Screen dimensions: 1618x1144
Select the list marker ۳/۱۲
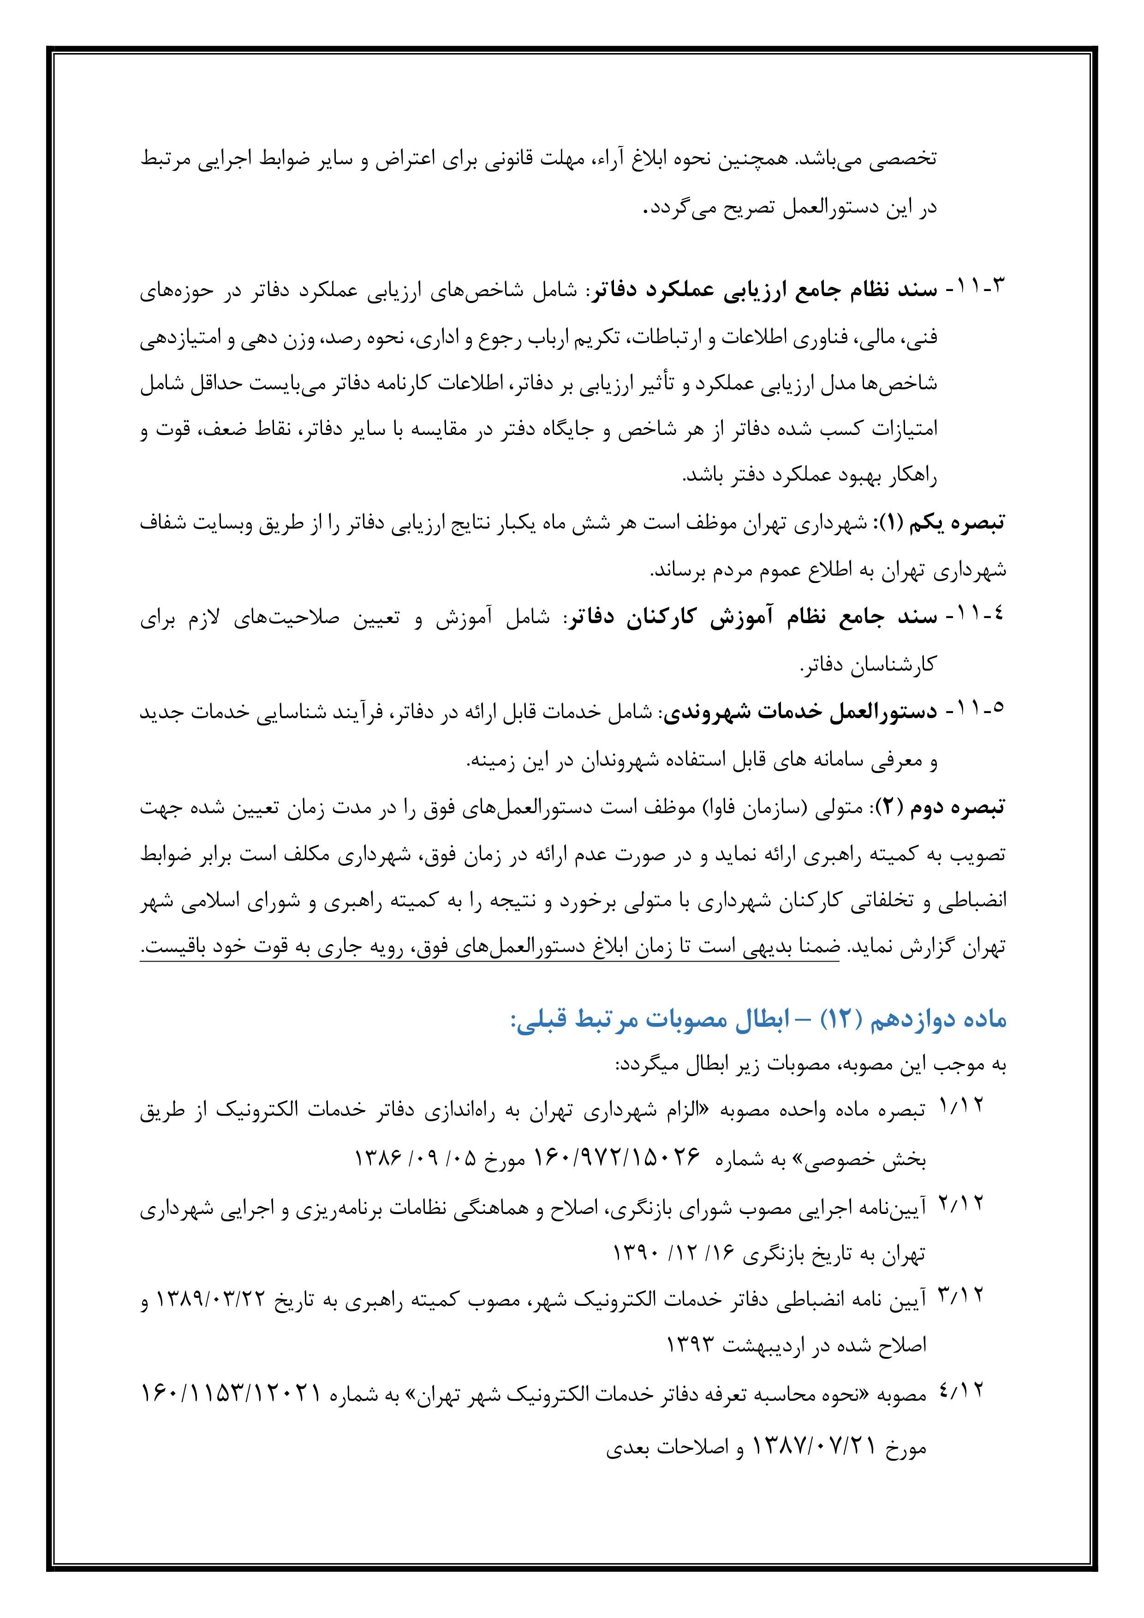[x=961, y=1295]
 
